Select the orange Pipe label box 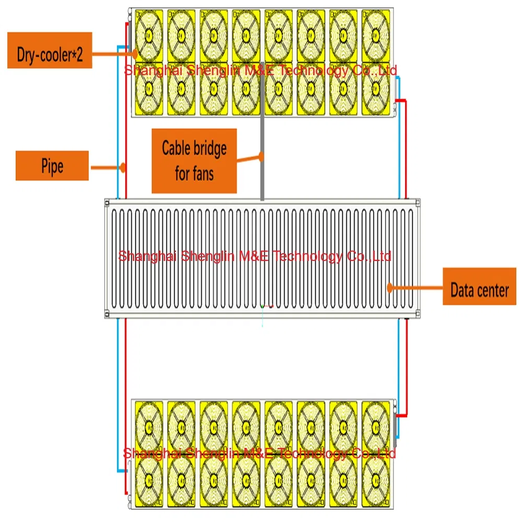coord(52,166)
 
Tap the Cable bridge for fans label coord(194,161)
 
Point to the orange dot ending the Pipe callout coord(123,168)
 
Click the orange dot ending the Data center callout coord(389,287)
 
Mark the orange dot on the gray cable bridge coord(262,155)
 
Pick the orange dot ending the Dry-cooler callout coord(135,52)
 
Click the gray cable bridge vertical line coord(262,177)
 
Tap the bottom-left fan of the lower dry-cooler coord(149,481)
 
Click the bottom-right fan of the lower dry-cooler coord(376,481)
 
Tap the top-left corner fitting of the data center coord(108,202)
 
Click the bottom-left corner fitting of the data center coord(108,314)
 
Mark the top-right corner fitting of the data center coord(416,202)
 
